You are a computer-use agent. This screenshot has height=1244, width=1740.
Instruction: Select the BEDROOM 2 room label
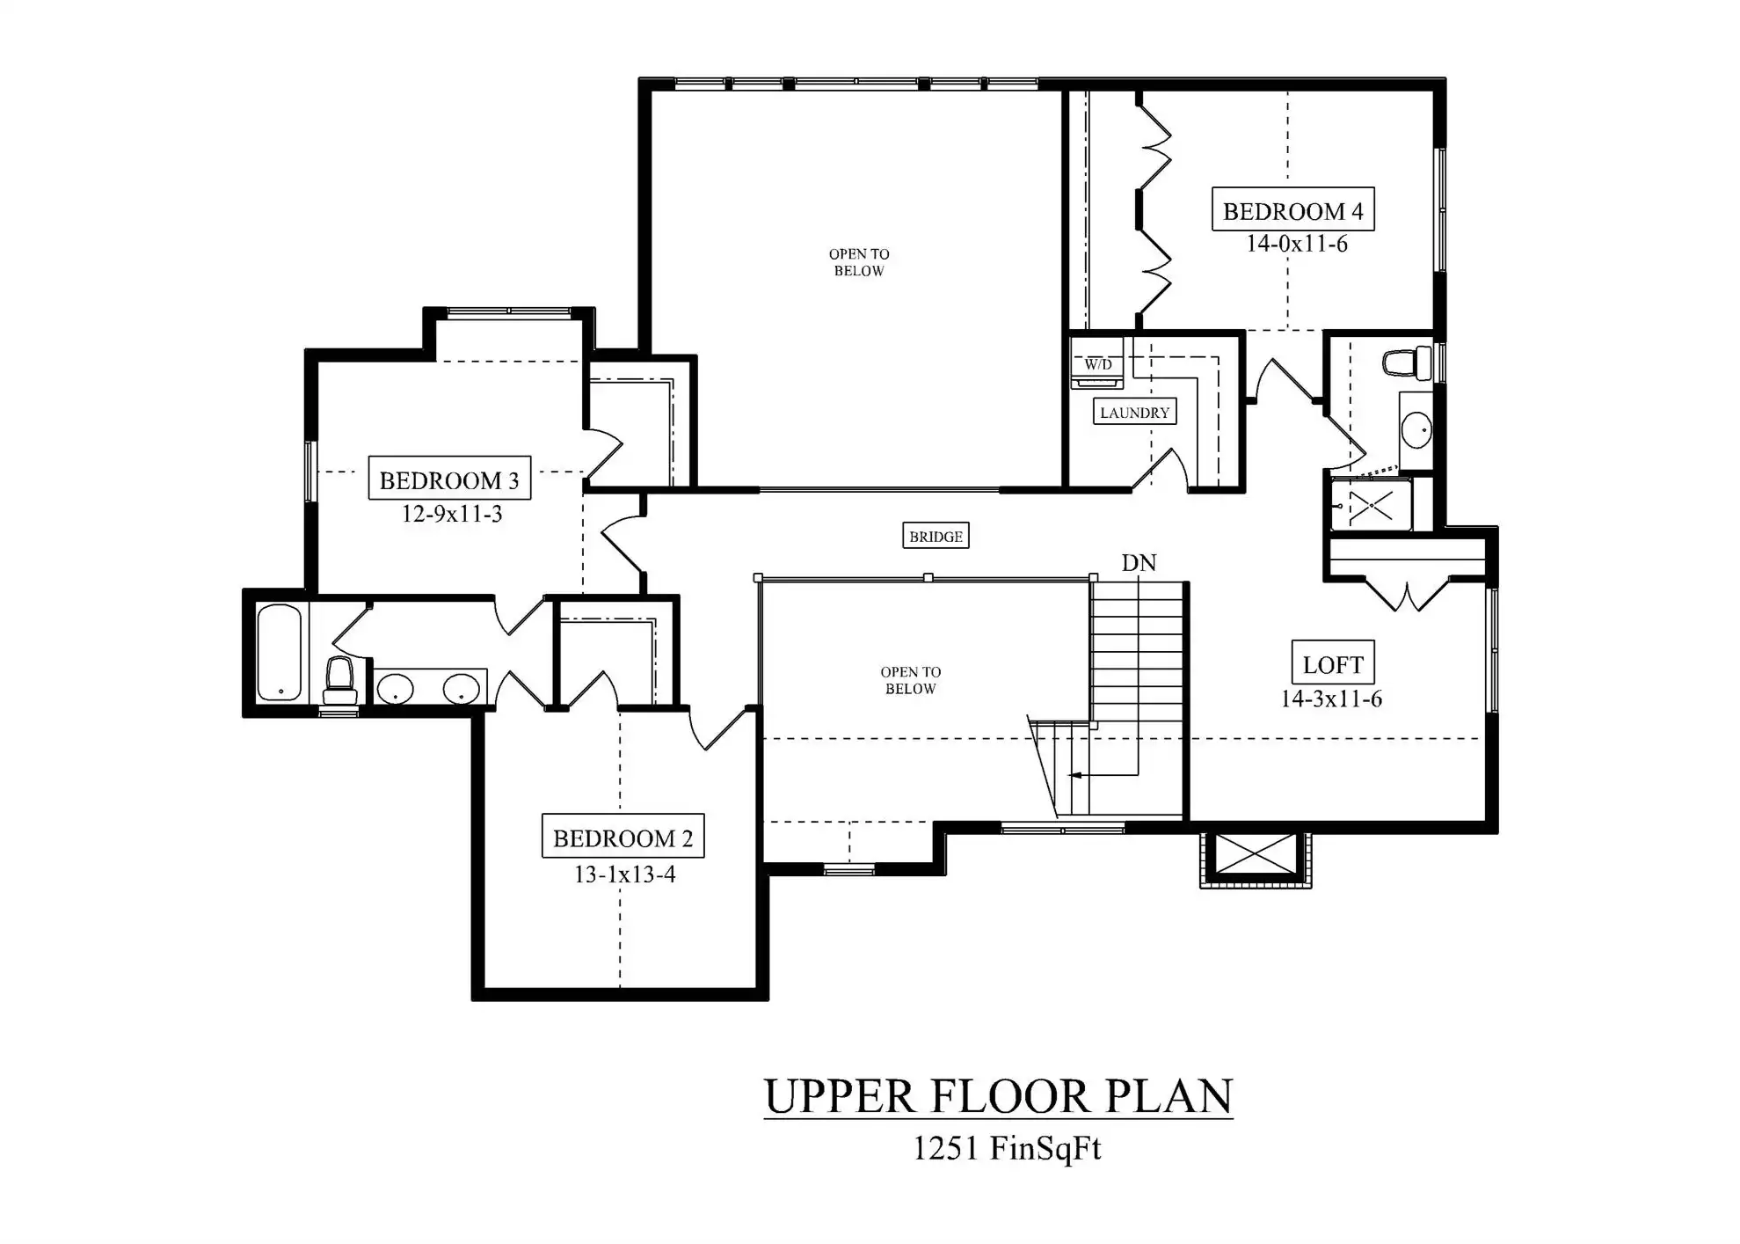pos(622,837)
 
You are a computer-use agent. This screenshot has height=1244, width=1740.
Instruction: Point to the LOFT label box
pos(1333,663)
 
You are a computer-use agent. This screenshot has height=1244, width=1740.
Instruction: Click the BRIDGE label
pos(936,536)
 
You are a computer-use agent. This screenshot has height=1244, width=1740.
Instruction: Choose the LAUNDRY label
pos(1134,412)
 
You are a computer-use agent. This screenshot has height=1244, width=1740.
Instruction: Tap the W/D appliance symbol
pos(1097,363)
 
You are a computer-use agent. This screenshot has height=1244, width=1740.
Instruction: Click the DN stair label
pos(1139,563)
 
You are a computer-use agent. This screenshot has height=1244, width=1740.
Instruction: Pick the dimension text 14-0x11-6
pos(1296,244)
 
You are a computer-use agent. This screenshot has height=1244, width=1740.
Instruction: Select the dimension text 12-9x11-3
pos(452,514)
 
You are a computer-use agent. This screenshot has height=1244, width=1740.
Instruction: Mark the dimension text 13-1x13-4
pos(624,874)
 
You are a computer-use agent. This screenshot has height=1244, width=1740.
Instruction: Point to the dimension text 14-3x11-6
pos(1331,699)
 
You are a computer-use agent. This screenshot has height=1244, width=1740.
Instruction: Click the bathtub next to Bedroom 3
pos(280,652)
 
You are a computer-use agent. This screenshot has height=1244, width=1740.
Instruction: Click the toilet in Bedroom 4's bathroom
pos(1407,362)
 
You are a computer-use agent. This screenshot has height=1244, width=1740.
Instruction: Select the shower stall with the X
pos(1371,505)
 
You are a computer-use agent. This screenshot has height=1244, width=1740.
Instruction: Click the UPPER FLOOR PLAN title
pos(998,1096)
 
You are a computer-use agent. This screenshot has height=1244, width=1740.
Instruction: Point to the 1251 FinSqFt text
pos(1007,1149)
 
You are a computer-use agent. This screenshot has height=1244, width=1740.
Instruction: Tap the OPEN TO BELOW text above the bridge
pos(859,262)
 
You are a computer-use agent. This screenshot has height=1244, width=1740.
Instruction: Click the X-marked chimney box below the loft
pos(1256,853)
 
